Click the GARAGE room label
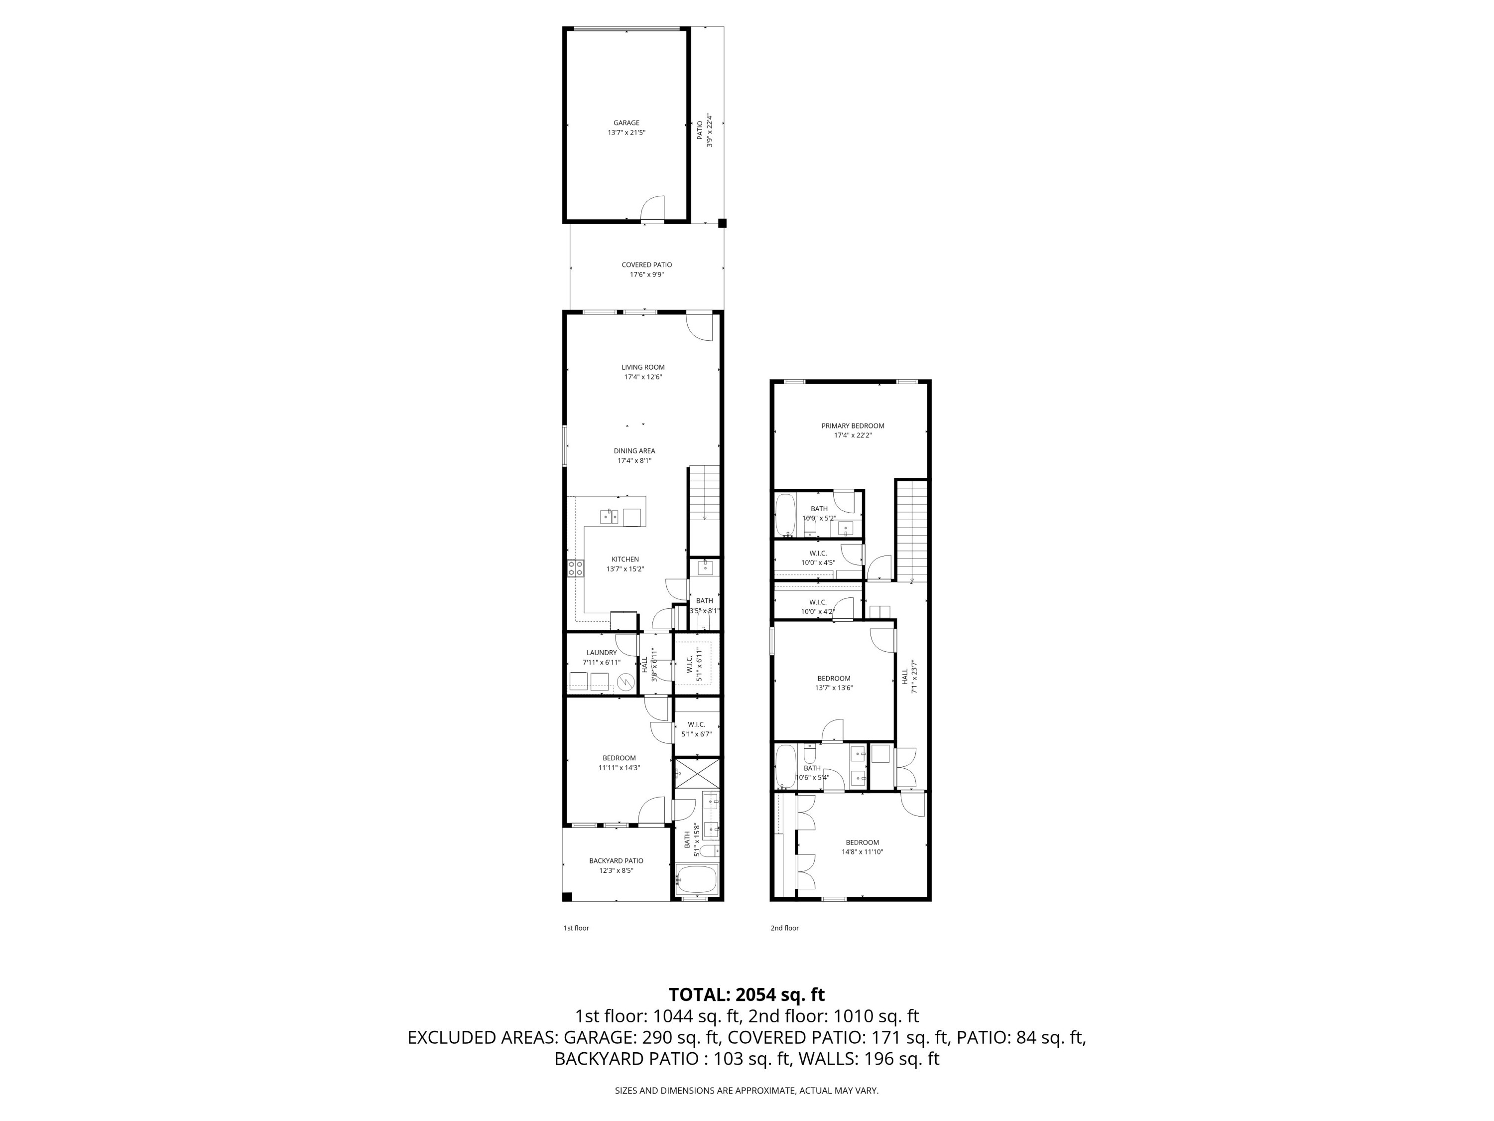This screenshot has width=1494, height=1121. tap(626, 123)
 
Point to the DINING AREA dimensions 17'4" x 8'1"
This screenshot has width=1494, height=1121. tap(634, 461)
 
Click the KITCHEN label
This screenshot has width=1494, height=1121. tap(625, 560)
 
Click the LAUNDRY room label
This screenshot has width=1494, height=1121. tap(601, 653)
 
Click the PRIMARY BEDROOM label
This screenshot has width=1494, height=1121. tap(853, 425)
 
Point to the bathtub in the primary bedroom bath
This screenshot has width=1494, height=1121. tap(785, 515)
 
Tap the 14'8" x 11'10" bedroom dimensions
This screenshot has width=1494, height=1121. tap(862, 852)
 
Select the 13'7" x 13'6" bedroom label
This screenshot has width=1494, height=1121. tap(834, 679)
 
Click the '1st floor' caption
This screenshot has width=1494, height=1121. tap(576, 928)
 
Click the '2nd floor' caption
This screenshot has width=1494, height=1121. tap(784, 928)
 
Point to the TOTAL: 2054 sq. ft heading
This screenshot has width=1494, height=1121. tap(747, 994)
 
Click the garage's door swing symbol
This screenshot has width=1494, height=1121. tap(652, 208)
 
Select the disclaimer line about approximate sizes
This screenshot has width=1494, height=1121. tap(747, 1090)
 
